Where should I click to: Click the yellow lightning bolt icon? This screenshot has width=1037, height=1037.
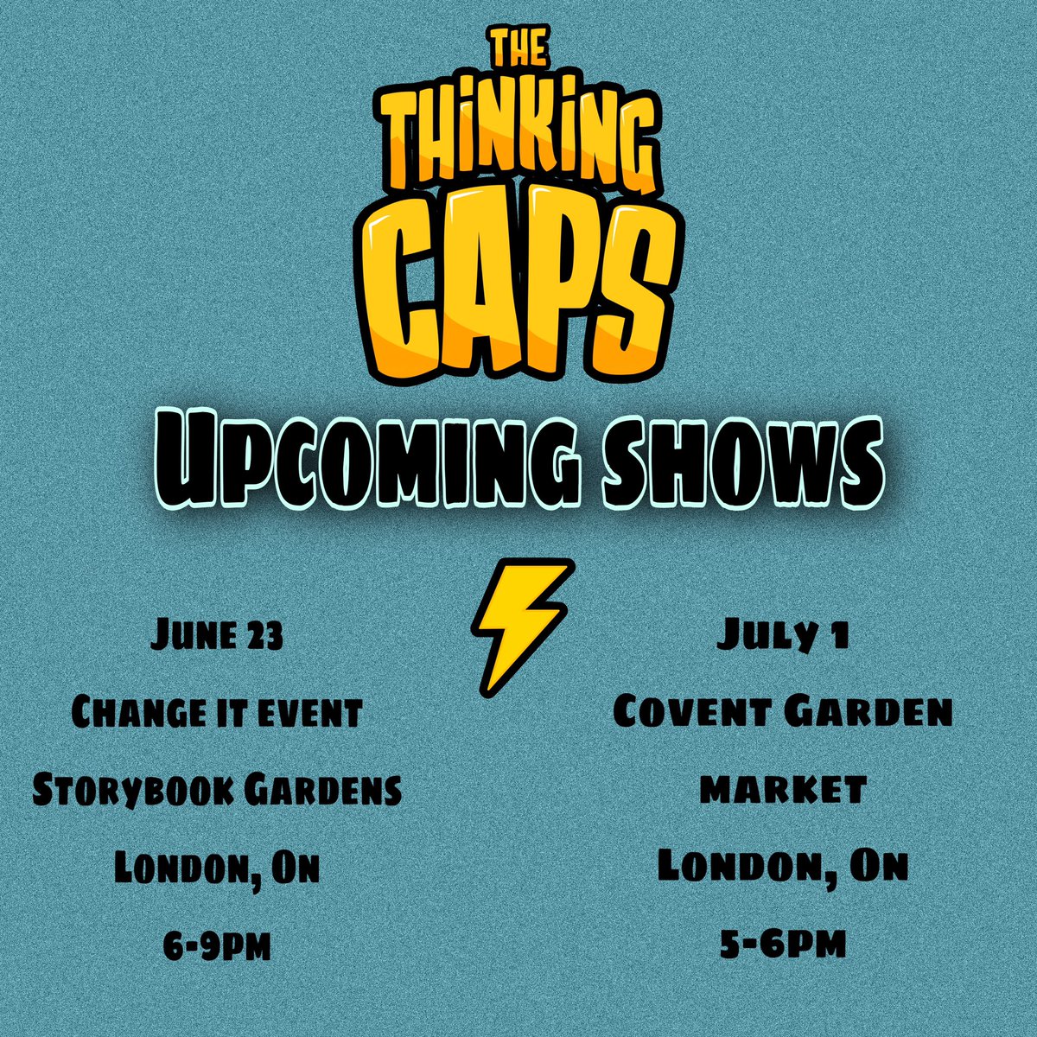coord(521,623)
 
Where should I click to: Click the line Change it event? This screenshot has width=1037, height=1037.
coord(215,714)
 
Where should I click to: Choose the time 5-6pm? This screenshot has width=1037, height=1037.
coord(782,944)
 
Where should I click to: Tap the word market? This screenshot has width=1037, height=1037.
coord(782,790)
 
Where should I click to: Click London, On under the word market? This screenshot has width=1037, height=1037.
coord(782,867)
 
